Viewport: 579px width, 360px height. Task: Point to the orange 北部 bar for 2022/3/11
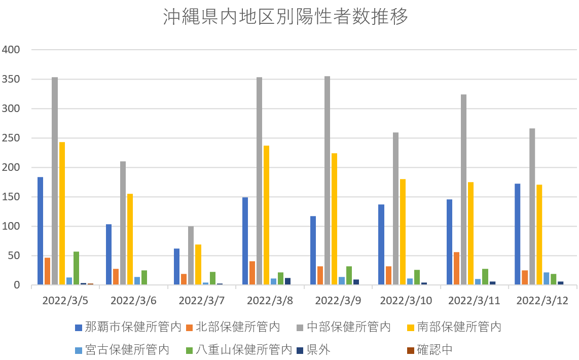[x=457, y=269]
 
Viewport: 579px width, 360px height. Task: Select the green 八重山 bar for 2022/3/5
[x=76, y=268]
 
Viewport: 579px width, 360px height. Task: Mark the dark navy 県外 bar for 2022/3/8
[x=287, y=281]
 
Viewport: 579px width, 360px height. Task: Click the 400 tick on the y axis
[x=11, y=50]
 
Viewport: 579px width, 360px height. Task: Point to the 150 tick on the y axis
[x=11, y=197]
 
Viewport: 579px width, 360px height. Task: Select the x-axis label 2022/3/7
[x=202, y=300]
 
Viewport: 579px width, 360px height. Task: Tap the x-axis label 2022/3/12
[x=541, y=300]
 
